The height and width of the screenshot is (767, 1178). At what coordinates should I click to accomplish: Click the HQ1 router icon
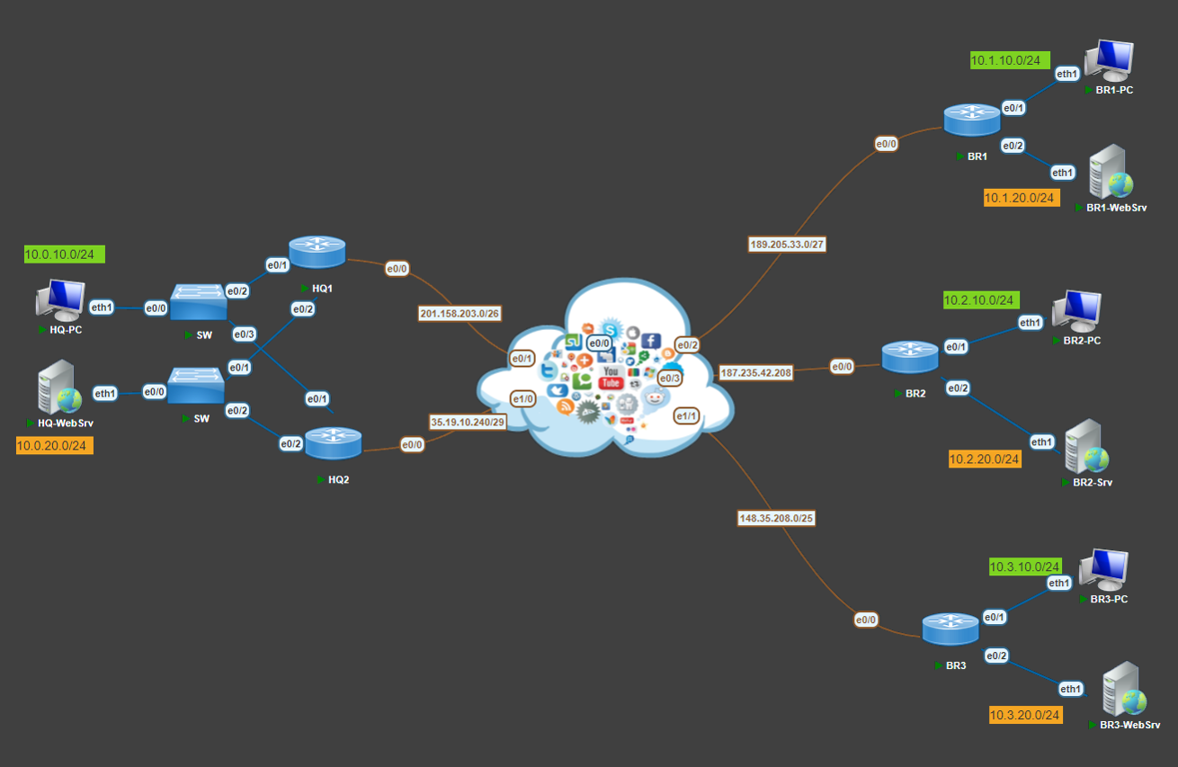click(x=317, y=252)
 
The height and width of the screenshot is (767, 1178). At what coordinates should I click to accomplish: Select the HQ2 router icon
click(x=333, y=443)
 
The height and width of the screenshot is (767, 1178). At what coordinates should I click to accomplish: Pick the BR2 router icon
click(x=910, y=357)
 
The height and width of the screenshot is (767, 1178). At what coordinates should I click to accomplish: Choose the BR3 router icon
click(x=950, y=629)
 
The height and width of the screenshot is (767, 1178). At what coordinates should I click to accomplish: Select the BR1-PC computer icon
click(x=1108, y=60)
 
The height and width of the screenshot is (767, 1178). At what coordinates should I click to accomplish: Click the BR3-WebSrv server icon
click(x=1123, y=690)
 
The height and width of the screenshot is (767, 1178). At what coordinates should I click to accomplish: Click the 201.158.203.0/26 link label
click(x=460, y=313)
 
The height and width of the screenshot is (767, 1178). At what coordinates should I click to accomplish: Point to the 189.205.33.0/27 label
click(x=787, y=244)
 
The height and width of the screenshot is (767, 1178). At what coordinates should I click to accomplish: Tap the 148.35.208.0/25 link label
click(x=776, y=518)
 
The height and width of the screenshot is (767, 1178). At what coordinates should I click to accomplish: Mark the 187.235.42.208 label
click(x=755, y=372)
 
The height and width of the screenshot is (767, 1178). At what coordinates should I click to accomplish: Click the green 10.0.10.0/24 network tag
click(x=65, y=254)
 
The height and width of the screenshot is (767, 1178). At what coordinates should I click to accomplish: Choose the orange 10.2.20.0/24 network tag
click(x=985, y=459)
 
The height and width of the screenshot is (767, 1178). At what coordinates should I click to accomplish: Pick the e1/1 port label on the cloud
click(x=686, y=415)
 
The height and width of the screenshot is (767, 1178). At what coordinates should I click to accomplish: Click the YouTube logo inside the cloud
click(x=611, y=378)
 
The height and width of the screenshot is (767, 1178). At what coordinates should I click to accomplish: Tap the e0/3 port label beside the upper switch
click(x=244, y=334)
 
